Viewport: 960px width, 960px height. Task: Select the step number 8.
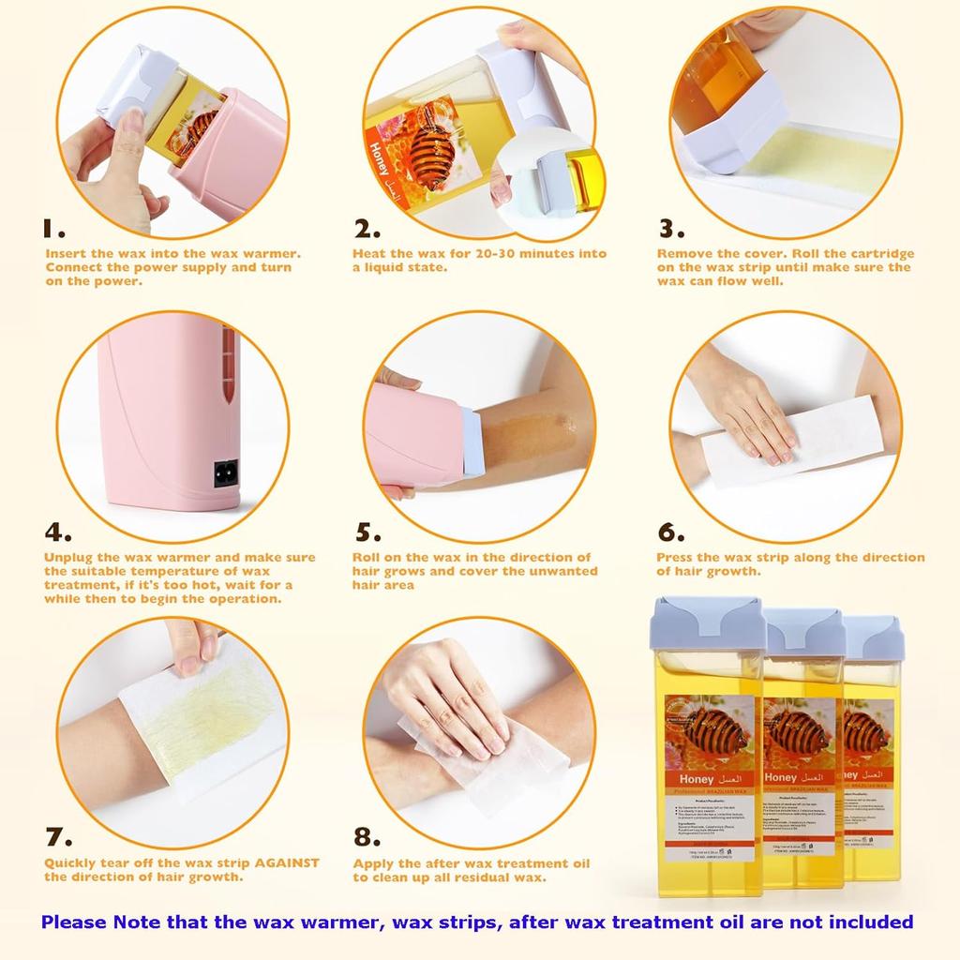[x=367, y=837]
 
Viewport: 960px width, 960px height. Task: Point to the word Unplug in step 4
[x=68, y=558]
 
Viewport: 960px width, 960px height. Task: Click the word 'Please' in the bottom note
[x=74, y=922]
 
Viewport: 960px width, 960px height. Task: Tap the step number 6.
[x=671, y=532]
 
